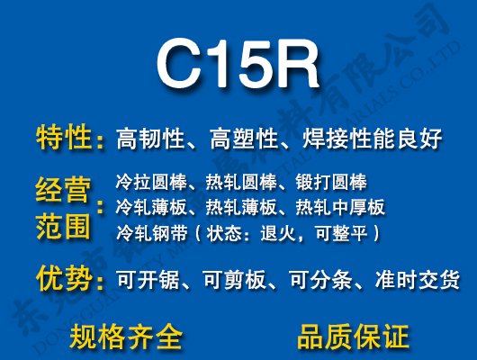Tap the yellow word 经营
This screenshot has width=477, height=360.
point(63,191)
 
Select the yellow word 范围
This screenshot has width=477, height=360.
point(63,224)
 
